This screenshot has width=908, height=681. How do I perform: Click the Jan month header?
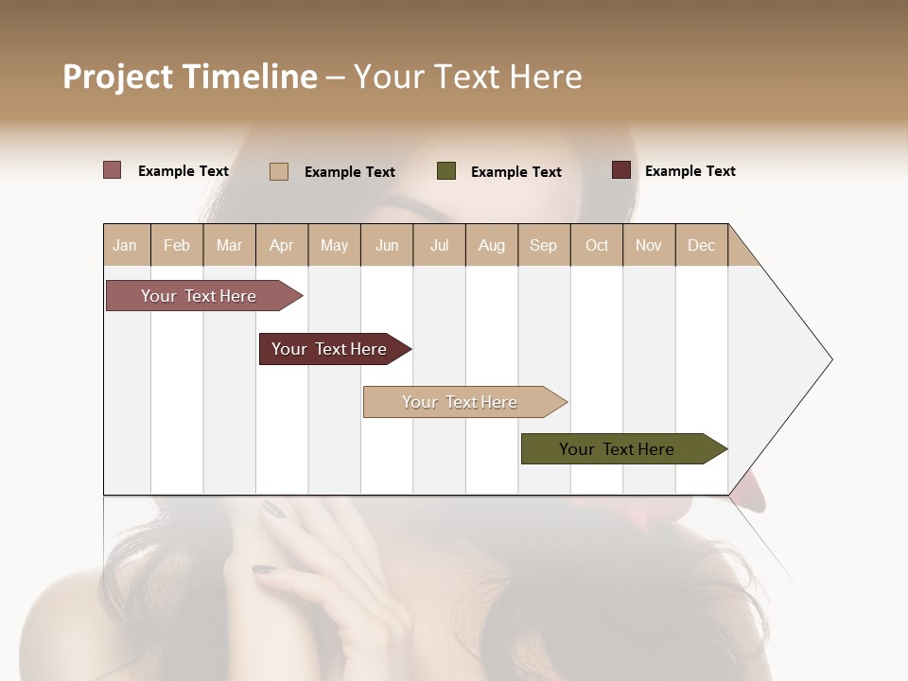point(125,245)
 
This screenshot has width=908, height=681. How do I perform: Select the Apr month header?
point(281,245)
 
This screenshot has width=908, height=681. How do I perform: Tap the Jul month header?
point(439,245)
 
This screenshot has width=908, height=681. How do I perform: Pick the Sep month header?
point(543,245)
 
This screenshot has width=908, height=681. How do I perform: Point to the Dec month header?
point(701,245)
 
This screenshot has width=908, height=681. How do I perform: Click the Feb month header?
point(176,245)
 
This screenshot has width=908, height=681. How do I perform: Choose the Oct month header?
point(596,245)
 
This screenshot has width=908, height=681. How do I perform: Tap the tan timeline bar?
point(461,402)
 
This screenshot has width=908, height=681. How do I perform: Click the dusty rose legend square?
point(112,170)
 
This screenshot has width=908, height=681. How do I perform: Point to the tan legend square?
point(279,171)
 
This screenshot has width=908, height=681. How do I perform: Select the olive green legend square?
point(446,171)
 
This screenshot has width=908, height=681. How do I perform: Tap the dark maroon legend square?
point(620,170)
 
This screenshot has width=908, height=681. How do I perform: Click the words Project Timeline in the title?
point(190,77)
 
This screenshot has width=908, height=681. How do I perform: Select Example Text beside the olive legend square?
point(515,172)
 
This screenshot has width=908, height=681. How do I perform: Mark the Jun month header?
point(387,245)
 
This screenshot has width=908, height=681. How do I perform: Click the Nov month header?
point(648,245)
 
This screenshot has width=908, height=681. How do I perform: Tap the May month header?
point(334,245)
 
